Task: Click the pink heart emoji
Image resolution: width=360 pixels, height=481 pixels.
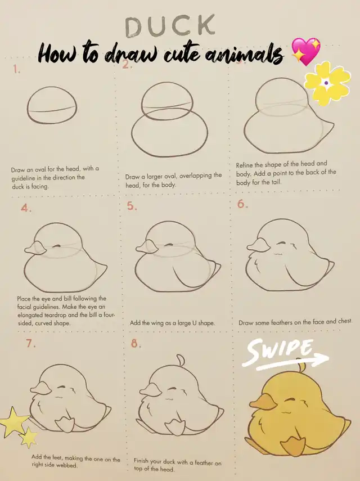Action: (305, 52)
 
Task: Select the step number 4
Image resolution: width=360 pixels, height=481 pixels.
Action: (26, 208)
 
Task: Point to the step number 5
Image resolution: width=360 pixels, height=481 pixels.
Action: (132, 206)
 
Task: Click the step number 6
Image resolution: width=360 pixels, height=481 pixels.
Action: (242, 204)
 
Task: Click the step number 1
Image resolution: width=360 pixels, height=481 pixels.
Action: (16, 69)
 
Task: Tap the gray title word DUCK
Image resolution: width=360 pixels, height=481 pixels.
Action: (170, 26)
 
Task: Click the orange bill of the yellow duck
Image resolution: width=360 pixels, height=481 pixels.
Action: (263, 402)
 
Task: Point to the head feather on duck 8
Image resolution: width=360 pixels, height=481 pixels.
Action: (180, 360)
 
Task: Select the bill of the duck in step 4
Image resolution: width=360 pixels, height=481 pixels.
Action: (35, 248)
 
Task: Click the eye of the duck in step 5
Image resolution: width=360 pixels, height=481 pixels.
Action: (168, 245)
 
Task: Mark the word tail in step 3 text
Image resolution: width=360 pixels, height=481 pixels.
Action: (276, 182)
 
